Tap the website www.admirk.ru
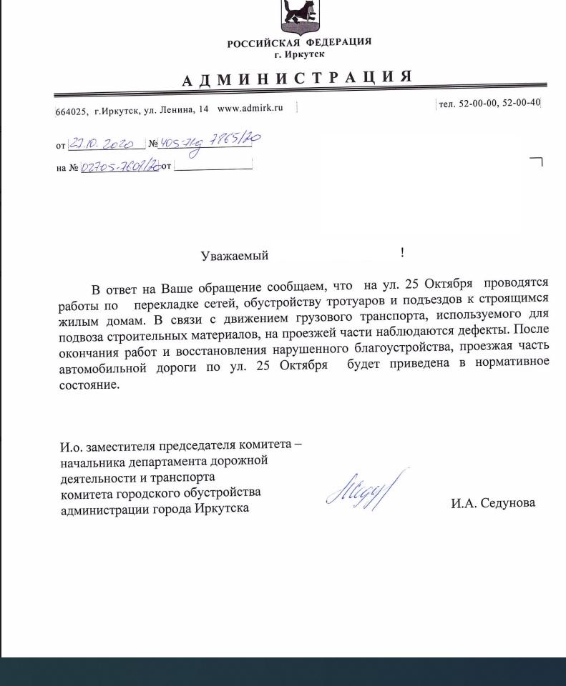tap(250, 108)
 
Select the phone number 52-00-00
tap(479, 104)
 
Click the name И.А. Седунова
tap(492, 503)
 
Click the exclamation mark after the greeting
tap(402, 252)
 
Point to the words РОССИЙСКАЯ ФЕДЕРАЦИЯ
tap(299, 43)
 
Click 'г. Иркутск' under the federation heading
tap(299, 54)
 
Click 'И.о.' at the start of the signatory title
tap(72, 448)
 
